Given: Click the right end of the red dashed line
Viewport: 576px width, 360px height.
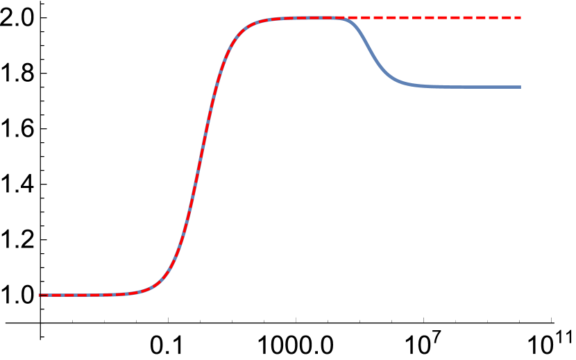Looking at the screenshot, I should coord(520,17).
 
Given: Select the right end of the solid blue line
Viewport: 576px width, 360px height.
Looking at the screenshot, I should coord(520,87).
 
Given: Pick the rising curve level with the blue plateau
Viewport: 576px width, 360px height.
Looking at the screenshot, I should coord(217,87).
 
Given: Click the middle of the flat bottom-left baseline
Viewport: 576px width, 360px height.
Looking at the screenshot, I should coord(83,295).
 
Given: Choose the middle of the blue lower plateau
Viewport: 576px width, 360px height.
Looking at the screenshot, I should coord(472,87).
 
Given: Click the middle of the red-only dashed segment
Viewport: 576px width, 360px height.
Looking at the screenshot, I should coord(434,17).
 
